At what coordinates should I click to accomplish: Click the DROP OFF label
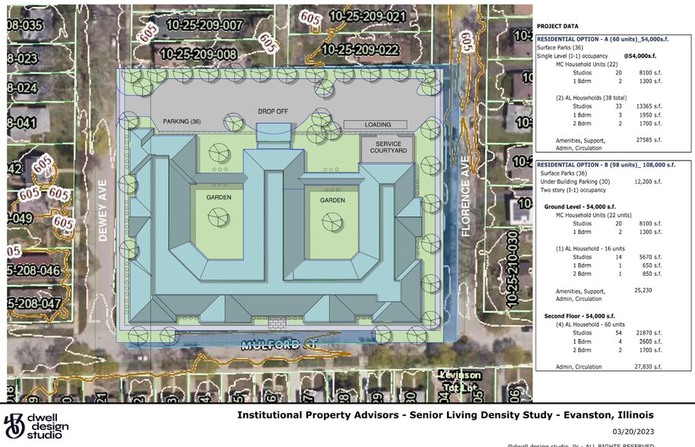click(x=272, y=112)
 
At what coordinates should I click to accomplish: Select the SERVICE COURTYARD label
click(x=386, y=147)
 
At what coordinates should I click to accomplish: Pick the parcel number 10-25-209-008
click(x=198, y=54)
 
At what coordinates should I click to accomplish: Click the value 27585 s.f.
click(x=649, y=140)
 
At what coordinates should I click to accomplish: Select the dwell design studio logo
click(x=35, y=425)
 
